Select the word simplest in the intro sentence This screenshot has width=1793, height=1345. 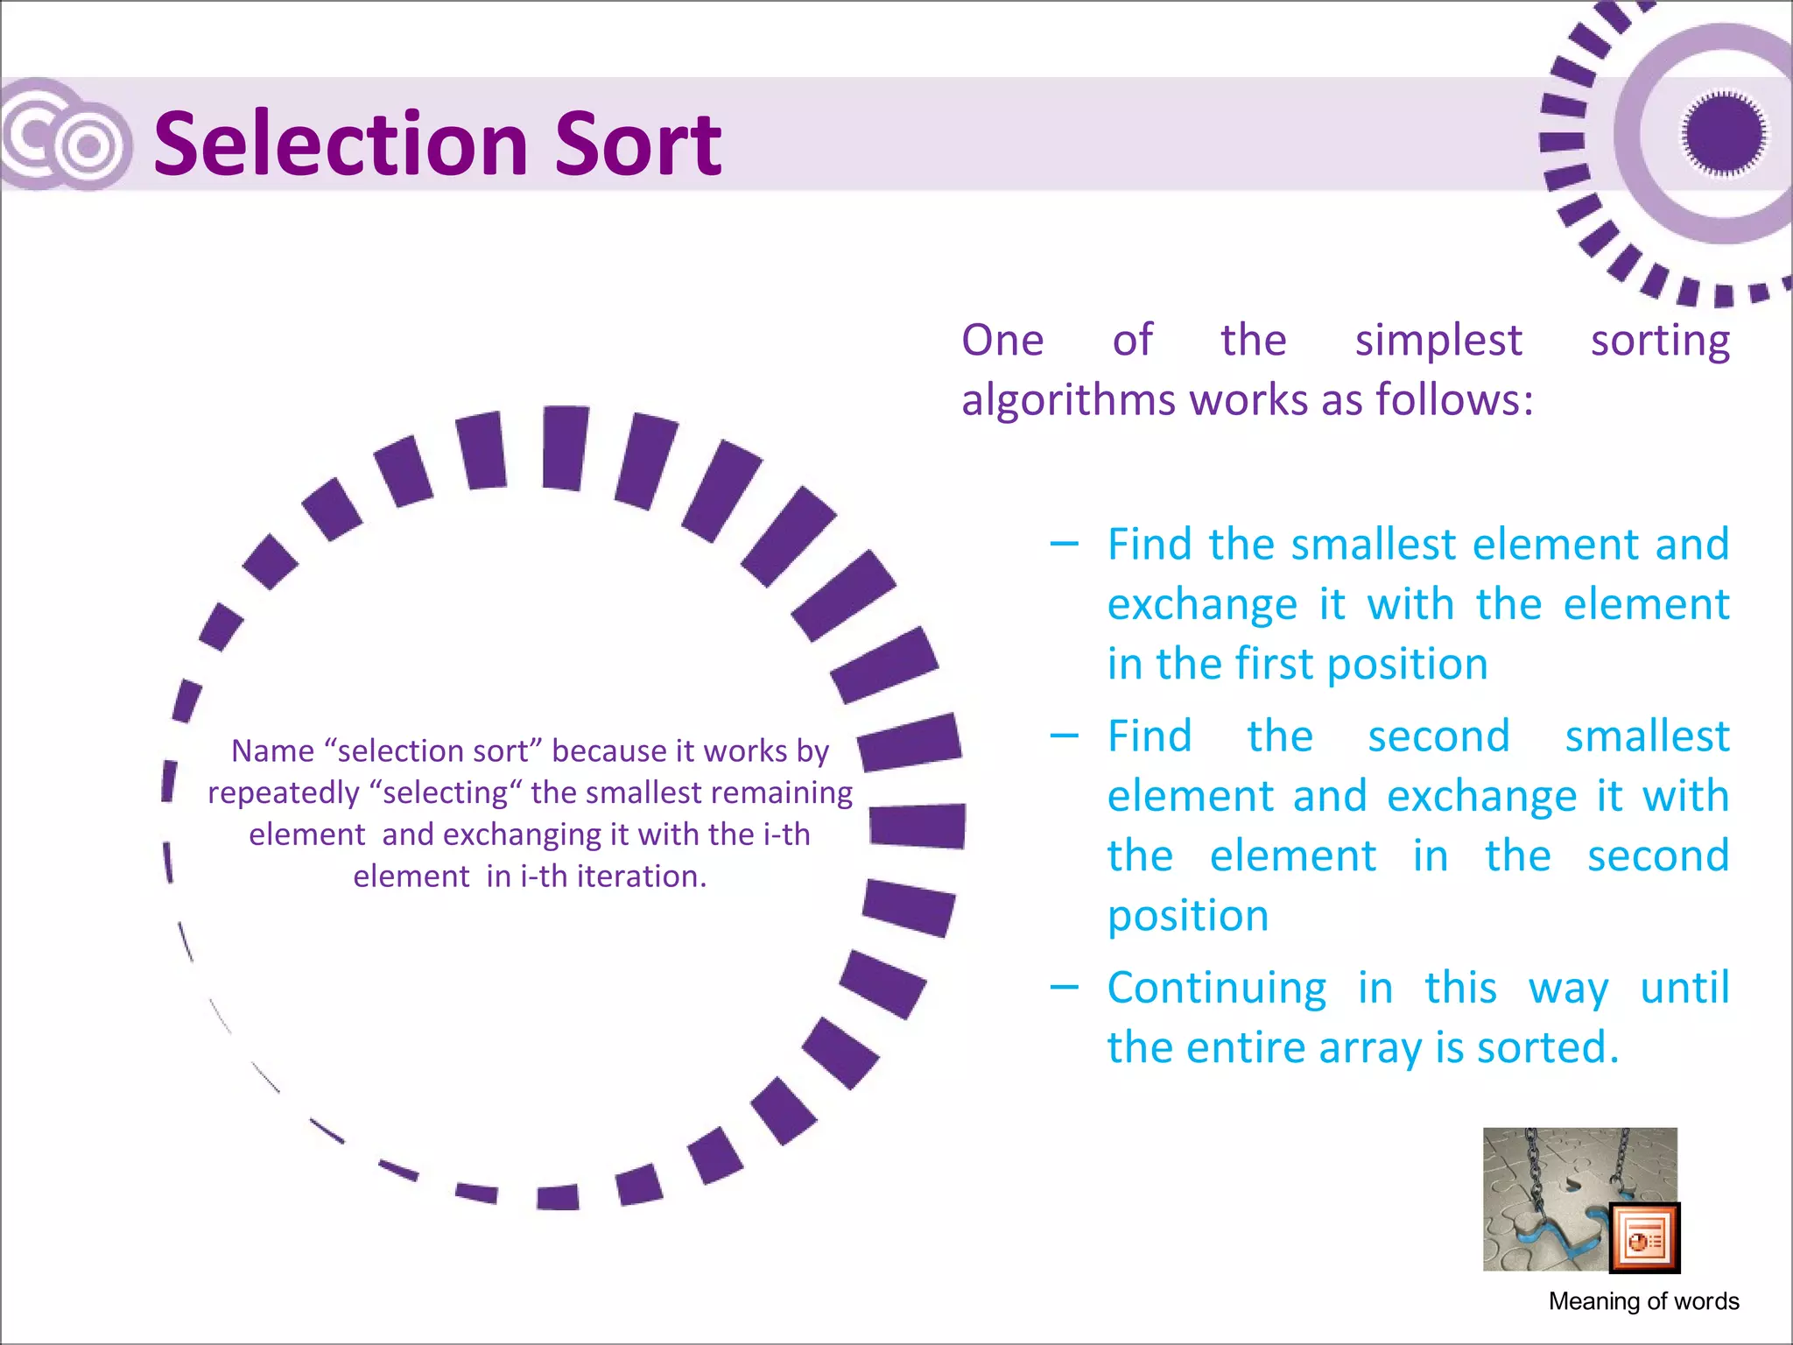point(1438,341)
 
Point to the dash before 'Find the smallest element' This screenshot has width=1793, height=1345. point(1064,545)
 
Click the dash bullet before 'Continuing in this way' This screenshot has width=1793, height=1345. point(1064,988)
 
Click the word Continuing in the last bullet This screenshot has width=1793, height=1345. point(1217,989)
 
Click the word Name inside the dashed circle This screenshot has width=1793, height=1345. point(272,751)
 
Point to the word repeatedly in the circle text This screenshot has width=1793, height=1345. point(284,793)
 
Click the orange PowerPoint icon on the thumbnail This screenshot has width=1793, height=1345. point(1644,1238)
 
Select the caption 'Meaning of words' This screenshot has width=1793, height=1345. point(1643,1301)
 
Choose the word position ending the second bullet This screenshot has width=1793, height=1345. point(1188,917)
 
